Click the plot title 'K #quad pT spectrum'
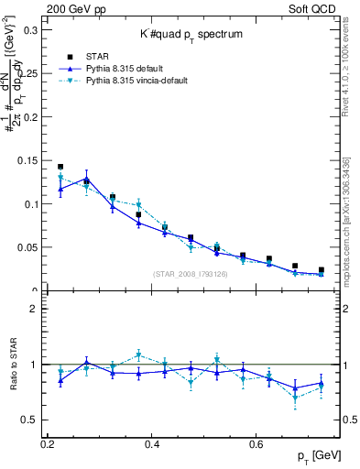pos(191,34)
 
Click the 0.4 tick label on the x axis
pos(152,443)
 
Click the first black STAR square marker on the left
pos(60,167)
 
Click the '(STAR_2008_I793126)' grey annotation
pos(191,273)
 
